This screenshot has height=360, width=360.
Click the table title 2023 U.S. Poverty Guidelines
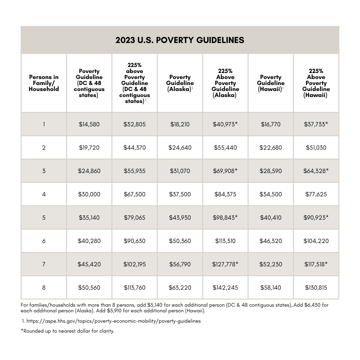click(180, 40)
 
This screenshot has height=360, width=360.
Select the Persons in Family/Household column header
click(44, 83)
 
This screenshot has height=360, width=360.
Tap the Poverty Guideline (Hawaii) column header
click(271, 83)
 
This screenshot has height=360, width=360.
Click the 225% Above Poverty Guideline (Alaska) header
click(225, 83)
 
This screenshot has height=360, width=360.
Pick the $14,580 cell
click(89, 124)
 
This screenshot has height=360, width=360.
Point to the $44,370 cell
click(134, 148)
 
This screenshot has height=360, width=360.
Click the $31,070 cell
click(180, 171)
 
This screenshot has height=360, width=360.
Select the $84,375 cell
click(225, 194)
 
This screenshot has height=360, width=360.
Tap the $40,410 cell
click(271, 218)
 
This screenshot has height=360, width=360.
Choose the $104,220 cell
click(316, 241)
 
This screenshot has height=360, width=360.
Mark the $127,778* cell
click(225, 264)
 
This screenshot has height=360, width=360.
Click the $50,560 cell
click(89, 288)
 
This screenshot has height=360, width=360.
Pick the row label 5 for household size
click(44, 218)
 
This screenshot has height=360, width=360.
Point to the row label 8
click(44, 288)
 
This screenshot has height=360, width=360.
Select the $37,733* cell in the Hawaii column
click(316, 124)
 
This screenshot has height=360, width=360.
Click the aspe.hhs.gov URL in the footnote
click(113, 321)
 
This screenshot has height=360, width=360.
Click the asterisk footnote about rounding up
click(68, 331)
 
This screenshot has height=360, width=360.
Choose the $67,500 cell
click(134, 194)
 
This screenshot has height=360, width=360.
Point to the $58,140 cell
click(271, 288)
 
